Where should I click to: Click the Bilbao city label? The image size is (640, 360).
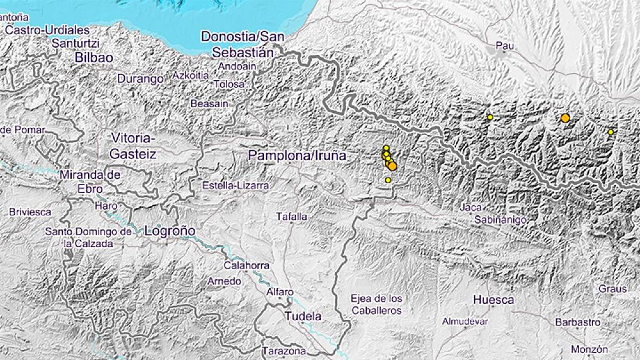[94, 57]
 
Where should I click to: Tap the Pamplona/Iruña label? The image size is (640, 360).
[297, 155]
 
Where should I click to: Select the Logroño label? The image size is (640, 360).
[170, 231]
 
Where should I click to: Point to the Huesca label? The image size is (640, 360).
[493, 300]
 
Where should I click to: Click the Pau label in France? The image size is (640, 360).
[504, 46]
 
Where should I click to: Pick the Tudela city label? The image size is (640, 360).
[303, 316]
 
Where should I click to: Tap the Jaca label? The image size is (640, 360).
[471, 208]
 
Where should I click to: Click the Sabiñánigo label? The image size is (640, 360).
[500, 220]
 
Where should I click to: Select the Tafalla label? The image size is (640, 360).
[291, 217]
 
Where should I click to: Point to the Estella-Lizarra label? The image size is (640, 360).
[235, 186]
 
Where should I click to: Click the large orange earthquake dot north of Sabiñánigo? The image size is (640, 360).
[565, 118]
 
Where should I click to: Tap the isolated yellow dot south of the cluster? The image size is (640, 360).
[388, 180]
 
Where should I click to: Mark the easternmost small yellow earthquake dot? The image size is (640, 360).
[611, 132]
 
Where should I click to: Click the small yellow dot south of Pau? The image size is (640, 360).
[490, 117]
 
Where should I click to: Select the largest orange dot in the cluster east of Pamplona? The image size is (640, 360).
[392, 166]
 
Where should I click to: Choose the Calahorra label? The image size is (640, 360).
[246, 266]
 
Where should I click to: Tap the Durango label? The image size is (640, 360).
[140, 79]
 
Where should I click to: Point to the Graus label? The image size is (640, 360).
[612, 289]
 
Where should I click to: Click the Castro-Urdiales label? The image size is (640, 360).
[48, 30]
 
